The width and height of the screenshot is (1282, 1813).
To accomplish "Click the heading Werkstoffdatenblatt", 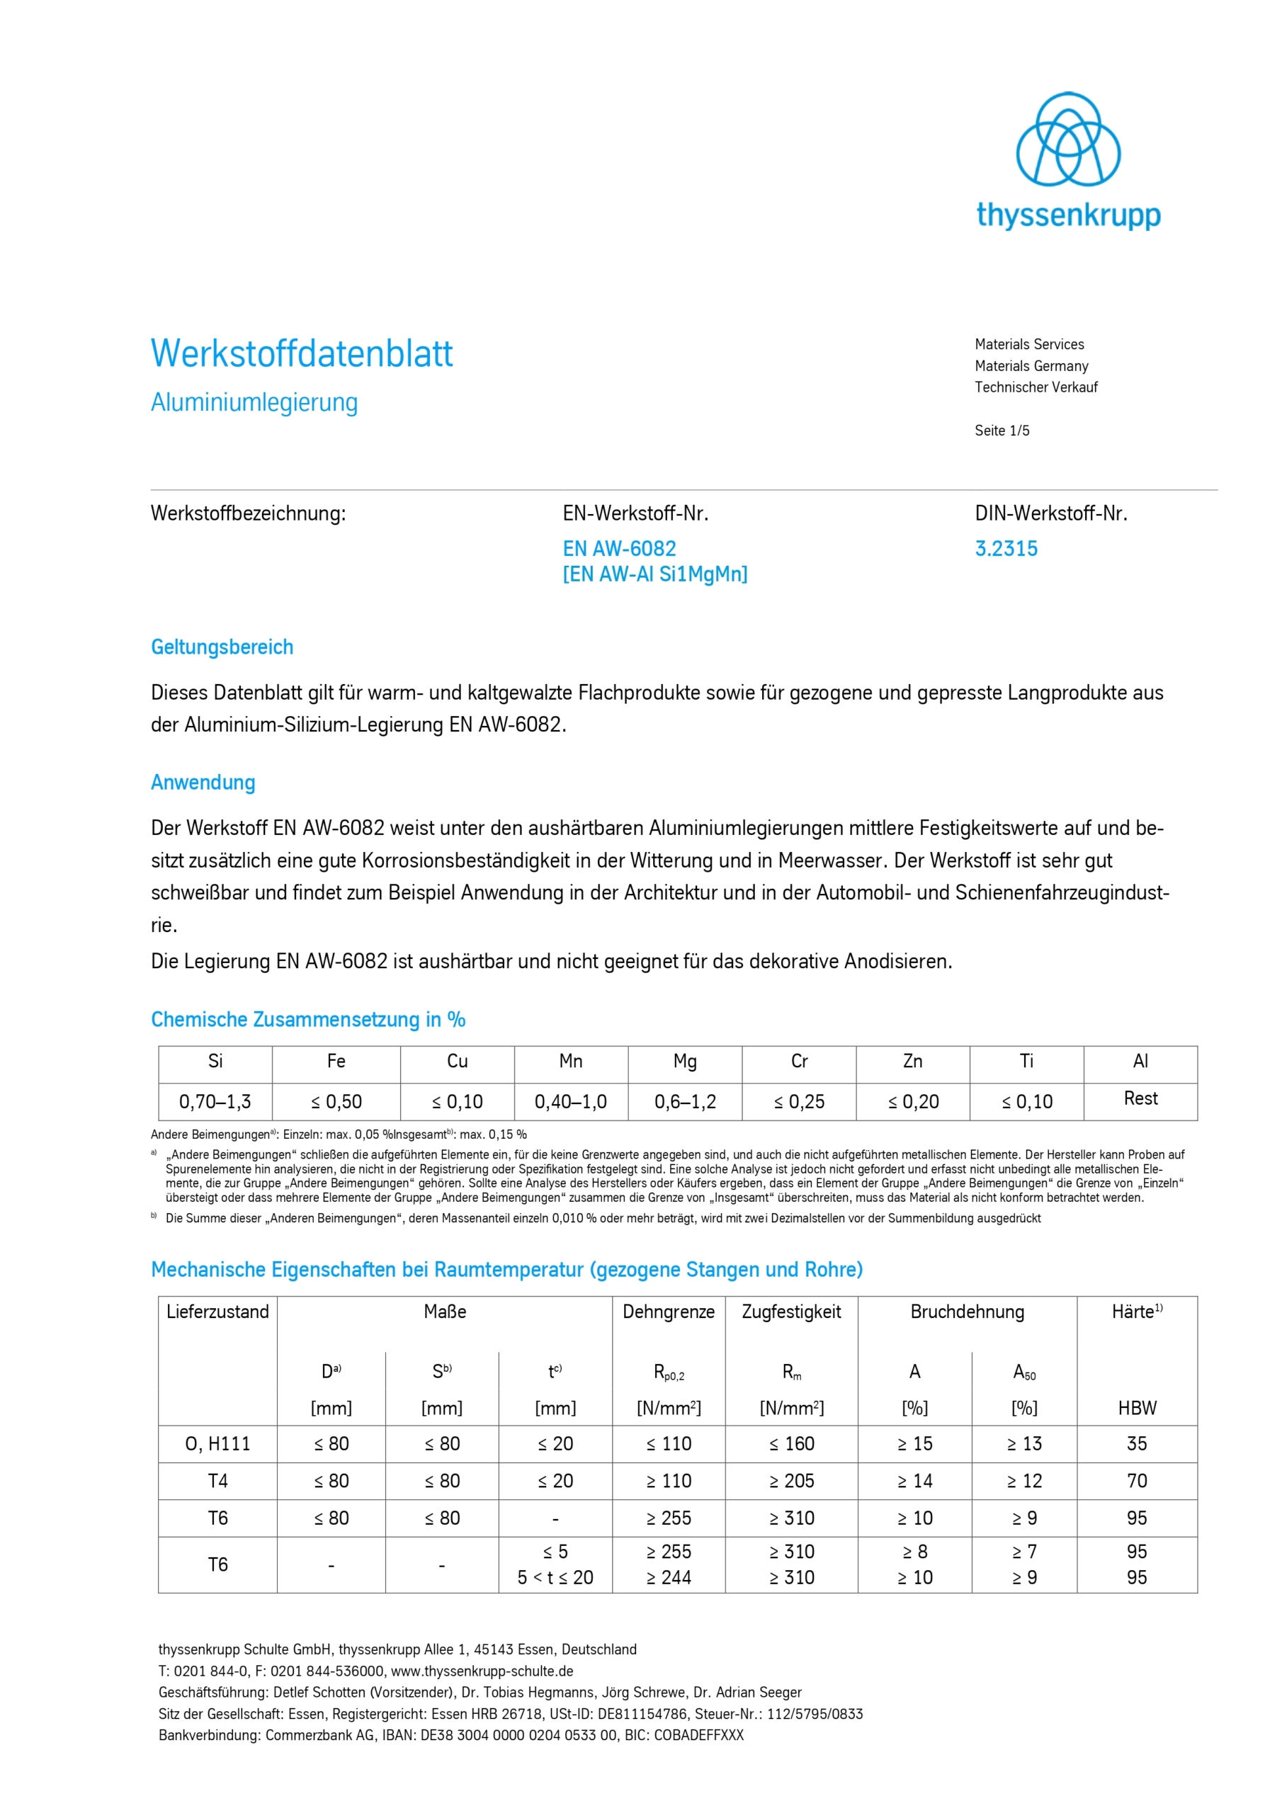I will (x=302, y=354).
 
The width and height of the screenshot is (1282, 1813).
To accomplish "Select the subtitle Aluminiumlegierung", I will (x=254, y=402).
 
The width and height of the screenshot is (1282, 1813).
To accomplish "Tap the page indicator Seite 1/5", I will (x=1002, y=431).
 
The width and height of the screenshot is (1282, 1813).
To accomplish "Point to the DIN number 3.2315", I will (x=1006, y=549).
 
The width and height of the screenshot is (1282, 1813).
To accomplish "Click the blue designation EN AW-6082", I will (x=619, y=549).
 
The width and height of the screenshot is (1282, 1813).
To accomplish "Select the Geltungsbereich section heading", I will (x=222, y=647).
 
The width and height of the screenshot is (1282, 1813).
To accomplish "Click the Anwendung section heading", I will (x=203, y=783).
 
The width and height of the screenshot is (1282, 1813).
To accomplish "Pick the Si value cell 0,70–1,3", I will (x=215, y=1101).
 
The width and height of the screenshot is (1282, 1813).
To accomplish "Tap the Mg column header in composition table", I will (x=685, y=1062).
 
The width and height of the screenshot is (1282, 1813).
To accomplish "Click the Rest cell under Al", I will (x=1140, y=1098).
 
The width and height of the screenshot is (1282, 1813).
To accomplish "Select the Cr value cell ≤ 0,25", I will (x=798, y=1101).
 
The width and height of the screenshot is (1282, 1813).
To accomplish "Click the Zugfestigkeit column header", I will (x=790, y=1312).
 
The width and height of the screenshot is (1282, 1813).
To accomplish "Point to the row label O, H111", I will (x=217, y=1443).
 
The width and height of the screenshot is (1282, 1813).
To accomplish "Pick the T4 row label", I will (x=217, y=1481).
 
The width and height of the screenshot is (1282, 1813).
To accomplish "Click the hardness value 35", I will (x=1136, y=1443).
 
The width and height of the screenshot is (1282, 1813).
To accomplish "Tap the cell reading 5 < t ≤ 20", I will (x=555, y=1577).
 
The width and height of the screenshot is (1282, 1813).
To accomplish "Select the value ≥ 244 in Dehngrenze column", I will (x=668, y=1577).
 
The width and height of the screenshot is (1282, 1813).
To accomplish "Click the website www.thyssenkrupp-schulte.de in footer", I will (x=482, y=1671).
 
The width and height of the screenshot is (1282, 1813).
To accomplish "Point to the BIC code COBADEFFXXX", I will (x=698, y=1735).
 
